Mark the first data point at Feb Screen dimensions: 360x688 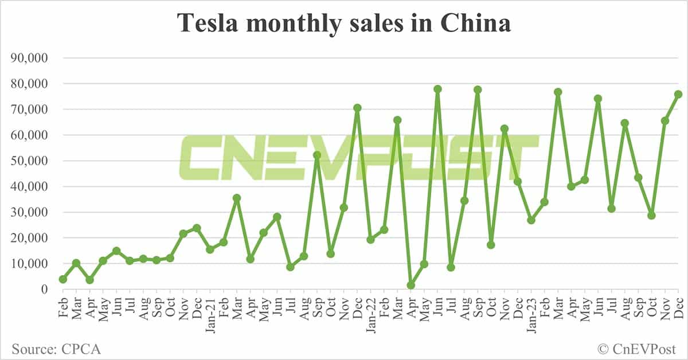pyautogui.click(x=63, y=279)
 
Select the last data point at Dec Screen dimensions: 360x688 pyautogui.click(x=678, y=94)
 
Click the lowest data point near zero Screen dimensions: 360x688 pyautogui.click(x=411, y=285)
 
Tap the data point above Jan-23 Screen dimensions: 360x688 pyautogui.click(x=531, y=220)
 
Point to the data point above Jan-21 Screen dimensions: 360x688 pyautogui.click(x=210, y=249)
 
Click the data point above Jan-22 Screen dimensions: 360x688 pyautogui.click(x=370, y=240)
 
